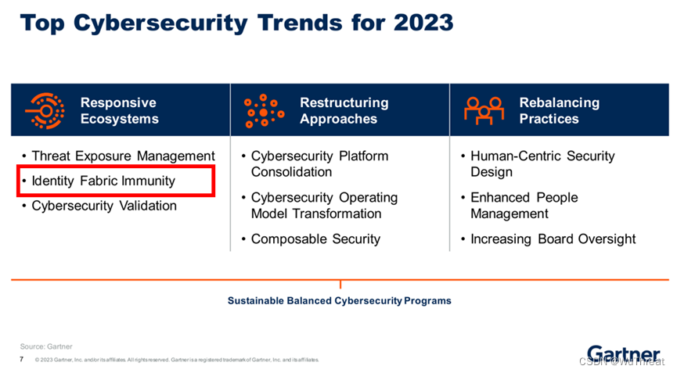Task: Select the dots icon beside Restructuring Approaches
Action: [265, 111]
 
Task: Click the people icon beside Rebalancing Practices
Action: [484, 111]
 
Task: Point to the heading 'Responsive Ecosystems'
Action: [119, 111]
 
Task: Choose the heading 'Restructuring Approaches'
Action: [344, 111]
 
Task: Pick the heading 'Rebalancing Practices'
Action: [559, 111]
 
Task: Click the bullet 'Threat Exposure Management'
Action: [123, 156]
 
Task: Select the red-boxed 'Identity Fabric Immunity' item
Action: [103, 181]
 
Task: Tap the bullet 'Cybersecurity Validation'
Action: [104, 206]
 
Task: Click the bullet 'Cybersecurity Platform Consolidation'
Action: [319, 164]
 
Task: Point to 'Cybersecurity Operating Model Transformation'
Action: [324, 206]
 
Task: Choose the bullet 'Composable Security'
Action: [315, 239]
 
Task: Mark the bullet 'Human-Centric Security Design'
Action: [542, 164]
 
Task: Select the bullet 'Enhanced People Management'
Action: [524, 206]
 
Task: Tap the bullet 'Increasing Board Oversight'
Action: [553, 239]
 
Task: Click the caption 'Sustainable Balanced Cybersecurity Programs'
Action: [339, 300]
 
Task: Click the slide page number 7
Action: [21, 359]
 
